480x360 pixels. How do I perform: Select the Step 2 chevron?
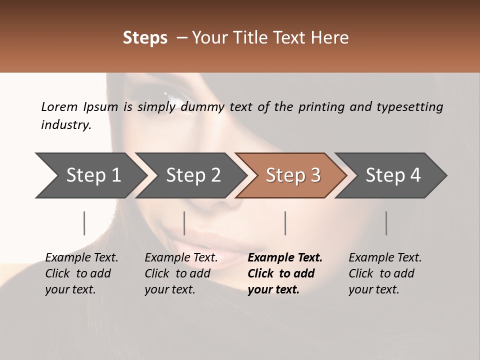pyautogui.click(x=192, y=175)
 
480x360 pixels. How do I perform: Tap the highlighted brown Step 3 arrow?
pyautogui.click(x=292, y=175)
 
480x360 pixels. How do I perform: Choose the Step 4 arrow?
pyautogui.click(x=392, y=175)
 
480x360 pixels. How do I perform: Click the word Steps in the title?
pyautogui.click(x=145, y=38)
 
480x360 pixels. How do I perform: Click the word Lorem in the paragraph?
pyautogui.click(x=59, y=106)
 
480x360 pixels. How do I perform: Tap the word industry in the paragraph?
pyautogui.click(x=66, y=125)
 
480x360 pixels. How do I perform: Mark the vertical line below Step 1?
pyautogui.click(x=84, y=223)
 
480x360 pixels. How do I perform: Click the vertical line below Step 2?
pyautogui.click(x=184, y=223)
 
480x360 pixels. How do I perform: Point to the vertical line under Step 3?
pyautogui.click(x=285, y=223)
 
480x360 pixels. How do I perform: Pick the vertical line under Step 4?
pyautogui.click(x=386, y=223)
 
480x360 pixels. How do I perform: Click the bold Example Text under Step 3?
pyautogui.click(x=284, y=273)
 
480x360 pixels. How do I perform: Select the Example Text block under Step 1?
pyautogui.click(x=81, y=273)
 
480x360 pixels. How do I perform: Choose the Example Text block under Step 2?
pyautogui.click(x=181, y=273)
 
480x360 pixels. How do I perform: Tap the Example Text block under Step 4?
pyautogui.click(x=385, y=273)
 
